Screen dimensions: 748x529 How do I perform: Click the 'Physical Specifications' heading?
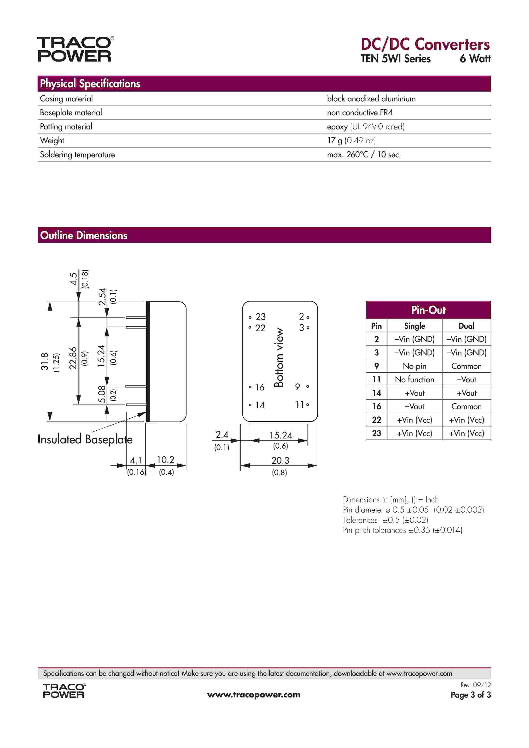tap(90, 84)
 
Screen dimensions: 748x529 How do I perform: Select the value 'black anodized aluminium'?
tap(371, 99)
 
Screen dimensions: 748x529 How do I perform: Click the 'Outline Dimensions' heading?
tap(84, 235)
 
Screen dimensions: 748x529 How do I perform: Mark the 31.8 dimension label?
tap(45, 361)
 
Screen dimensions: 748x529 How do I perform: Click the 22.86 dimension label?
tap(73, 358)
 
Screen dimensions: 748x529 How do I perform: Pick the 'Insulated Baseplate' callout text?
tap(85, 439)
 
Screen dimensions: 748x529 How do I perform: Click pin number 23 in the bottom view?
tap(261, 317)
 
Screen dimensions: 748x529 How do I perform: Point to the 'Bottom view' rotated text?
tap(279, 357)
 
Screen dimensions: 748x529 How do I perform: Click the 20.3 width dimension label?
tap(280, 460)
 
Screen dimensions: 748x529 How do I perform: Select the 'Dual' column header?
tap(466, 326)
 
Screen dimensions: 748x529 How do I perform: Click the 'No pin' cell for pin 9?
tap(414, 366)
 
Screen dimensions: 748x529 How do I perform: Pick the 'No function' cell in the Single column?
tap(414, 380)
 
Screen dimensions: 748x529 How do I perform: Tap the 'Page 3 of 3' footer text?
tap(470, 695)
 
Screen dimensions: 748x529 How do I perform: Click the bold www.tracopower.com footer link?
tap(254, 695)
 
